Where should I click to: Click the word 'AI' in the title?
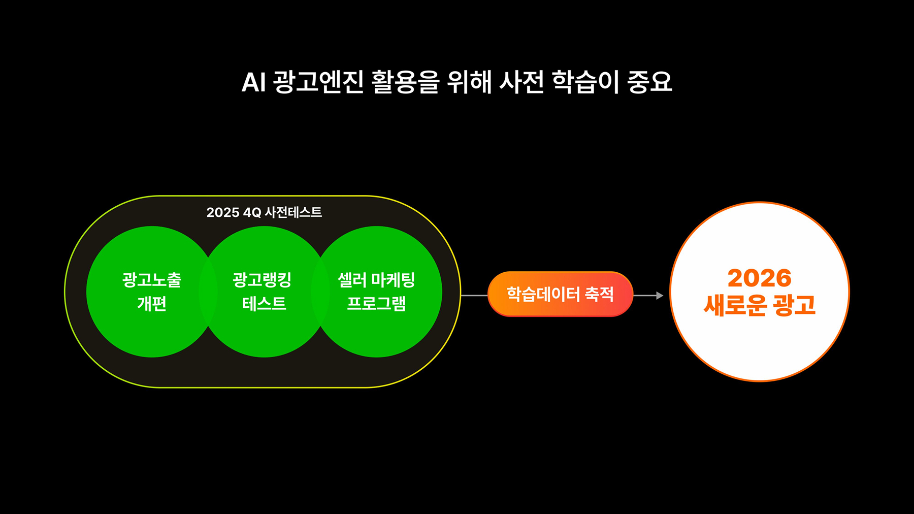[253, 82]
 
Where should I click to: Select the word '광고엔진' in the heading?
[318, 82]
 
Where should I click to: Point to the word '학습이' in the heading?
[585, 82]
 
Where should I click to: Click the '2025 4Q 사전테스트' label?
[264, 212]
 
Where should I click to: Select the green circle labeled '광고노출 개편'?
[152, 292]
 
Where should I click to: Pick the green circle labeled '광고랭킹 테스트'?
[264, 292]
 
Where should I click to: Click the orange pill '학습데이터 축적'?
[560, 294]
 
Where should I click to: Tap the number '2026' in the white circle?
[759, 278]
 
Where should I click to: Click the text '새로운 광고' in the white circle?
[759, 305]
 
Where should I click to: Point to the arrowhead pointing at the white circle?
[660, 295]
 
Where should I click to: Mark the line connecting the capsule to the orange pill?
[474, 295]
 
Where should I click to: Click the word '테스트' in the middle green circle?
[264, 304]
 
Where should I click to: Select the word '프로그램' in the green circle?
[376, 304]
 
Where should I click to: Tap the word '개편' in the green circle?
[152, 304]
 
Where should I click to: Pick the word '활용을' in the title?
[405, 82]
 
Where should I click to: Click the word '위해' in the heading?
[469, 82]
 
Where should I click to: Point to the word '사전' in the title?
[522, 82]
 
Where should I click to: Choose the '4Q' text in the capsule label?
[252, 212]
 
